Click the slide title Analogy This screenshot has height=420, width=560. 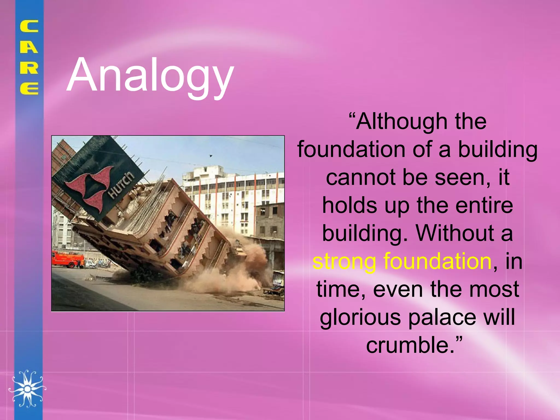point(150,75)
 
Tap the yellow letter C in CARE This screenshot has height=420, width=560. point(29,27)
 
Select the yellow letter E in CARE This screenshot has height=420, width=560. point(29,89)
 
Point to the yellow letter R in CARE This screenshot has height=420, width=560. point(29,68)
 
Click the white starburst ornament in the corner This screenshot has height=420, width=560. point(27,389)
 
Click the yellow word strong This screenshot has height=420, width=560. point(344,261)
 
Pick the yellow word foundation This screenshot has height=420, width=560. point(437,261)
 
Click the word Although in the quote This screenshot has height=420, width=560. point(399,121)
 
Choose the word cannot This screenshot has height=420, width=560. point(361,177)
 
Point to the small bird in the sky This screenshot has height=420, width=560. point(211,156)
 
